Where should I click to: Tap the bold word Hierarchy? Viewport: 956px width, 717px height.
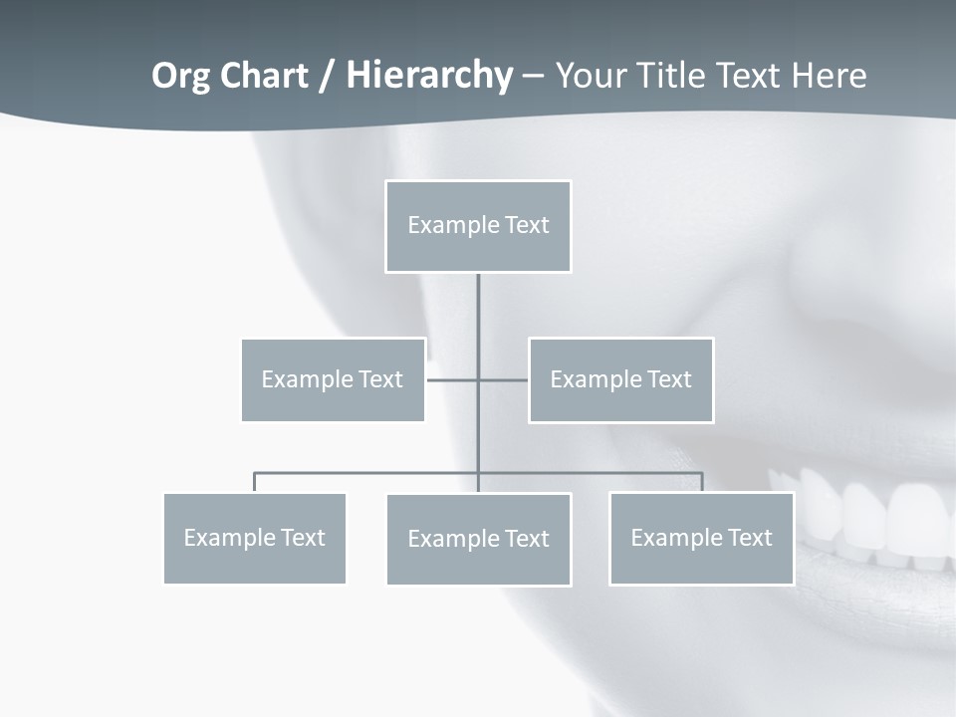click(x=429, y=76)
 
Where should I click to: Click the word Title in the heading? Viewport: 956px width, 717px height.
click(x=672, y=76)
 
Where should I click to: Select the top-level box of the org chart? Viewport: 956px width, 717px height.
click(x=478, y=226)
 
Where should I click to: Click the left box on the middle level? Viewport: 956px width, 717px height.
click(x=333, y=379)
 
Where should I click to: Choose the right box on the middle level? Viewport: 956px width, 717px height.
click(x=620, y=379)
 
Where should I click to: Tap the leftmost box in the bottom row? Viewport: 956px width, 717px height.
click(x=254, y=538)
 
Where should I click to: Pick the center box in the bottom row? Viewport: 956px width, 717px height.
click(x=478, y=539)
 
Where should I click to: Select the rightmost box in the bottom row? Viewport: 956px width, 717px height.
click(x=701, y=538)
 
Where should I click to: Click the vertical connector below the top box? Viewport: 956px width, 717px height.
click(x=478, y=319)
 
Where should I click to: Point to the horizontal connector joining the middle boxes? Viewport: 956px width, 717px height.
click(x=453, y=379)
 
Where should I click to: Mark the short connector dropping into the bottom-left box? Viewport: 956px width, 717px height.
click(x=254, y=482)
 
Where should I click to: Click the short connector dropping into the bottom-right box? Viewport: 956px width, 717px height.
click(x=702, y=482)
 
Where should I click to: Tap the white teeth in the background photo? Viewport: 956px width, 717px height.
click(x=876, y=518)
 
